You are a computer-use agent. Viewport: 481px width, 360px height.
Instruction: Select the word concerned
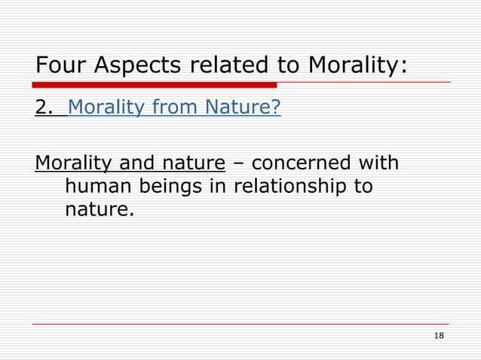(302, 163)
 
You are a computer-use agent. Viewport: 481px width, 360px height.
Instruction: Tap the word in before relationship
(216, 186)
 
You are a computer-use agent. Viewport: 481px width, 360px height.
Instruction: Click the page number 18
(440, 335)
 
